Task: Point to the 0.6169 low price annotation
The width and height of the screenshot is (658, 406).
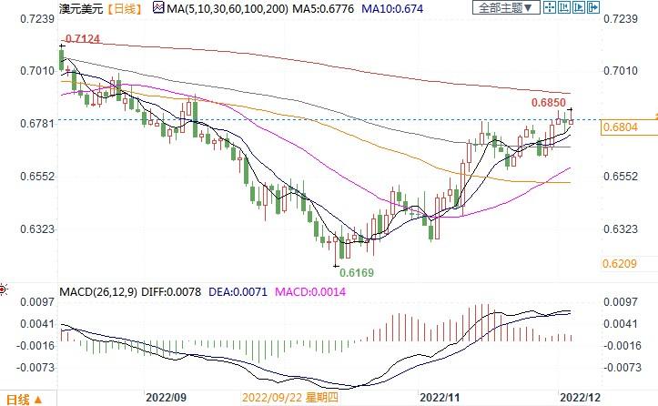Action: [356, 272]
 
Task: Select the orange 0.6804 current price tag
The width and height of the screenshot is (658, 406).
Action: [620, 128]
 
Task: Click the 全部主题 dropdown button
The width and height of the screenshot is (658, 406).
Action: [505, 7]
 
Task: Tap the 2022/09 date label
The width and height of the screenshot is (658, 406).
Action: [166, 397]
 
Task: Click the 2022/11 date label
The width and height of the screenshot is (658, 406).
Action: [440, 397]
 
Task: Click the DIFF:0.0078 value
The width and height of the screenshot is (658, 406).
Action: [161, 291]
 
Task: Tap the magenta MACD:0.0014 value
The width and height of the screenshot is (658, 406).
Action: [298, 291]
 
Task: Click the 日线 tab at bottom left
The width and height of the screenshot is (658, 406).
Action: [18, 399]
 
